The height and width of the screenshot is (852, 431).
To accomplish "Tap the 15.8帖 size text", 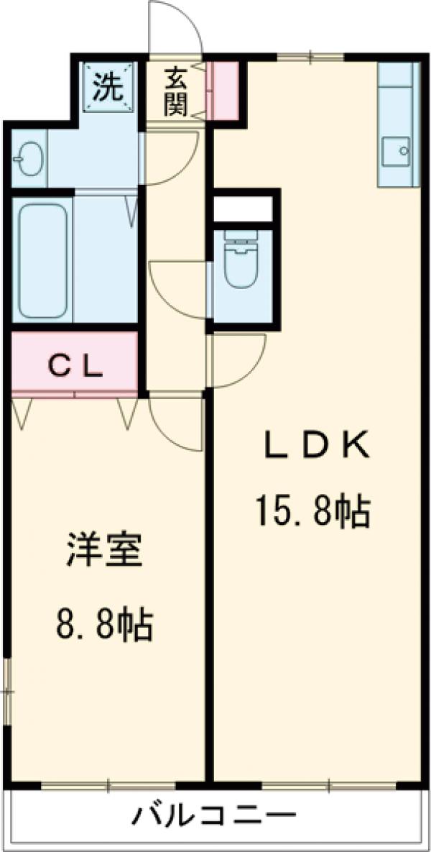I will [312, 513].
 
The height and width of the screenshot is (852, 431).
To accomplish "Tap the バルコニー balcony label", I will [213, 816].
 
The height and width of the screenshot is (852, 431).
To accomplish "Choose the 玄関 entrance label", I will [175, 91].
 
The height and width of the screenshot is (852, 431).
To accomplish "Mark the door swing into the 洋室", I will [175, 424].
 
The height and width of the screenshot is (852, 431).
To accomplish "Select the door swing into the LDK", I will [237, 359].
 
